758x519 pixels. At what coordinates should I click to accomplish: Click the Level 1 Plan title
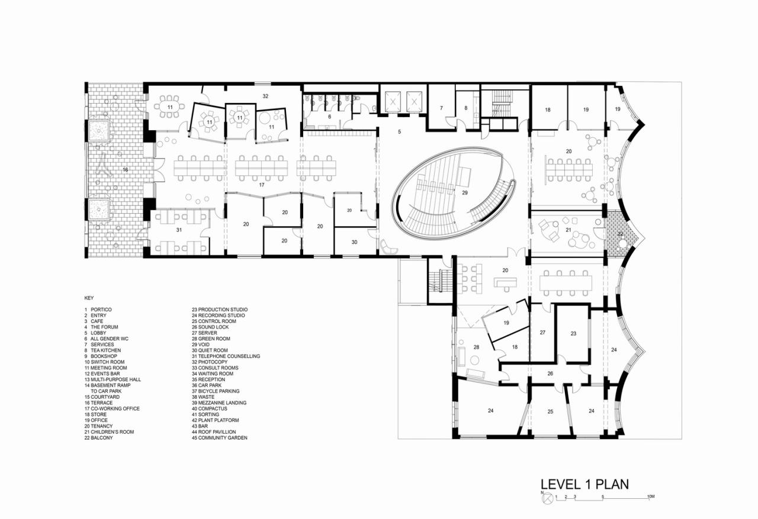pyautogui.click(x=584, y=483)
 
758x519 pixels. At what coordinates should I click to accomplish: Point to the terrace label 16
pyautogui.click(x=125, y=170)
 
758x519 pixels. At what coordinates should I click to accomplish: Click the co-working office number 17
pyautogui.click(x=261, y=185)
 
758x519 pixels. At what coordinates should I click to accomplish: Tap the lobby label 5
pyautogui.click(x=399, y=131)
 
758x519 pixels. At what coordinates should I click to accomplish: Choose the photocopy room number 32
pyautogui.click(x=265, y=95)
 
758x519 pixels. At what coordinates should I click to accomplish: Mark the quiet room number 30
pyautogui.click(x=354, y=241)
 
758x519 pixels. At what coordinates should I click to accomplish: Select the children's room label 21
pyautogui.click(x=568, y=230)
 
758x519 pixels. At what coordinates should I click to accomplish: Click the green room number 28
pyautogui.click(x=476, y=347)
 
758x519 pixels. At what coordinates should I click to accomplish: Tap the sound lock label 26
pyautogui.click(x=550, y=373)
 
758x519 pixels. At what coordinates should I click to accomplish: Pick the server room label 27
pyautogui.click(x=542, y=333)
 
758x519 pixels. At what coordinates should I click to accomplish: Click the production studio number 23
pyautogui.click(x=573, y=334)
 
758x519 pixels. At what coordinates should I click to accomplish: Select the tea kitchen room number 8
pyautogui.click(x=465, y=108)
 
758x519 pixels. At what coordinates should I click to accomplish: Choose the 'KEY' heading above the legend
pyautogui.click(x=89, y=298)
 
